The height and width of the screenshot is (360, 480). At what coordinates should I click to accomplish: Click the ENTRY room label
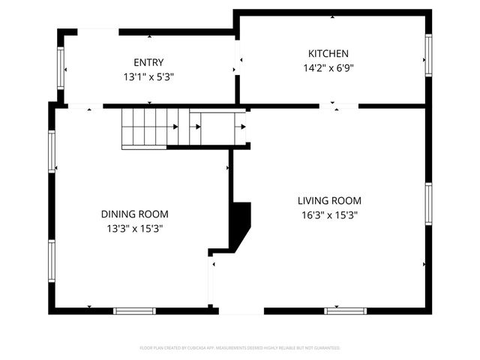pos(148,63)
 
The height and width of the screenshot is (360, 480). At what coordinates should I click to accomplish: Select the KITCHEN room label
pos(328,53)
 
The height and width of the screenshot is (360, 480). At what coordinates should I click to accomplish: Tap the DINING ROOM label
pos(135,214)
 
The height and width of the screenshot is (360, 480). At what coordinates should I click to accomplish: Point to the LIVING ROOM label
pos(329,201)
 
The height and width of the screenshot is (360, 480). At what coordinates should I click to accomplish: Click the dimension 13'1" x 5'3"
pos(148,76)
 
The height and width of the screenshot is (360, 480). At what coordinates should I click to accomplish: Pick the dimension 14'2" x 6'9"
pos(328,67)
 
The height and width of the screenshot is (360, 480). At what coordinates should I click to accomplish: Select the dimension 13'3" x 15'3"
pos(135,227)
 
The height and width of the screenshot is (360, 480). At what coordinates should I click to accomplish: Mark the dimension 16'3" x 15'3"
pos(329,214)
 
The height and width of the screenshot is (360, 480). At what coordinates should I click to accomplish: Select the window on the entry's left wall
pos(61,68)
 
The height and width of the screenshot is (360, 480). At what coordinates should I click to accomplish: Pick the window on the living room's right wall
pos(428,204)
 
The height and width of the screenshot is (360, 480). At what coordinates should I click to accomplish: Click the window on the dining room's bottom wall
pos(134,310)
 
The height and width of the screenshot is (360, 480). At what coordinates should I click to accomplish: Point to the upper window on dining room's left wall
pos(52,152)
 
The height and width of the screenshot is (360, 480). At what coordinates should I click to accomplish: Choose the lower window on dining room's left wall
pos(52,262)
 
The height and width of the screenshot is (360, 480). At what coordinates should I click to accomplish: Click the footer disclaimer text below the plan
pos(240,348)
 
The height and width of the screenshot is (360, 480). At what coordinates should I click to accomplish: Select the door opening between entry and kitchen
pos(237,57)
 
